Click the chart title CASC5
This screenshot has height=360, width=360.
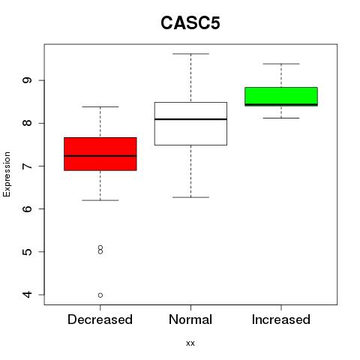click(x=190, y=23)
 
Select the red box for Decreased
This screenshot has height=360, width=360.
click(x=100, y=154)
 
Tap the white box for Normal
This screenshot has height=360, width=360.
click(x=190, y=124)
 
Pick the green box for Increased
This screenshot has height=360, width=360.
click(x=281, y=97)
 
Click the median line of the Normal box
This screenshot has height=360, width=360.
click(x=190, y=119)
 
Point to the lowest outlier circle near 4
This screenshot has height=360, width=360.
click(x=100, y=295)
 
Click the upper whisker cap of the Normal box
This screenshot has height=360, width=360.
click(x=190, y=54)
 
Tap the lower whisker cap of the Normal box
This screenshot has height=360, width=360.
click(x=190, y=197)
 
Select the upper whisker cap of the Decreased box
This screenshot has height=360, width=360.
click(x=100, y=106)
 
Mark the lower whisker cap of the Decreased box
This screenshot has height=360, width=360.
click(x=100, y=200)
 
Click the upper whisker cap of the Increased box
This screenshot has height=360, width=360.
click(x=281, y=64)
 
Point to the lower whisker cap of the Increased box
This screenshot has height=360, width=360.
click(x=281, y=118)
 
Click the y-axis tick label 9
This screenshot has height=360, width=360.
click(x=27, y=80)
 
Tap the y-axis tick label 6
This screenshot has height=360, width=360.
click(x=27, y=208)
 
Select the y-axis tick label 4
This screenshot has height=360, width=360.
click(x=27, y=295)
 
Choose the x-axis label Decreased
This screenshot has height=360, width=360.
click(x=100, y=319)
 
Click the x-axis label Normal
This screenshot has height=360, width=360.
click(x=190, y=319)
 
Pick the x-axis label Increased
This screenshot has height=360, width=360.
click(x=281, y=319)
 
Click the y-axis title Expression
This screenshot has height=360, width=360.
click(x=7, y=174)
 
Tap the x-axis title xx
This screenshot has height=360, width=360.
click(x=190, y=343)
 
